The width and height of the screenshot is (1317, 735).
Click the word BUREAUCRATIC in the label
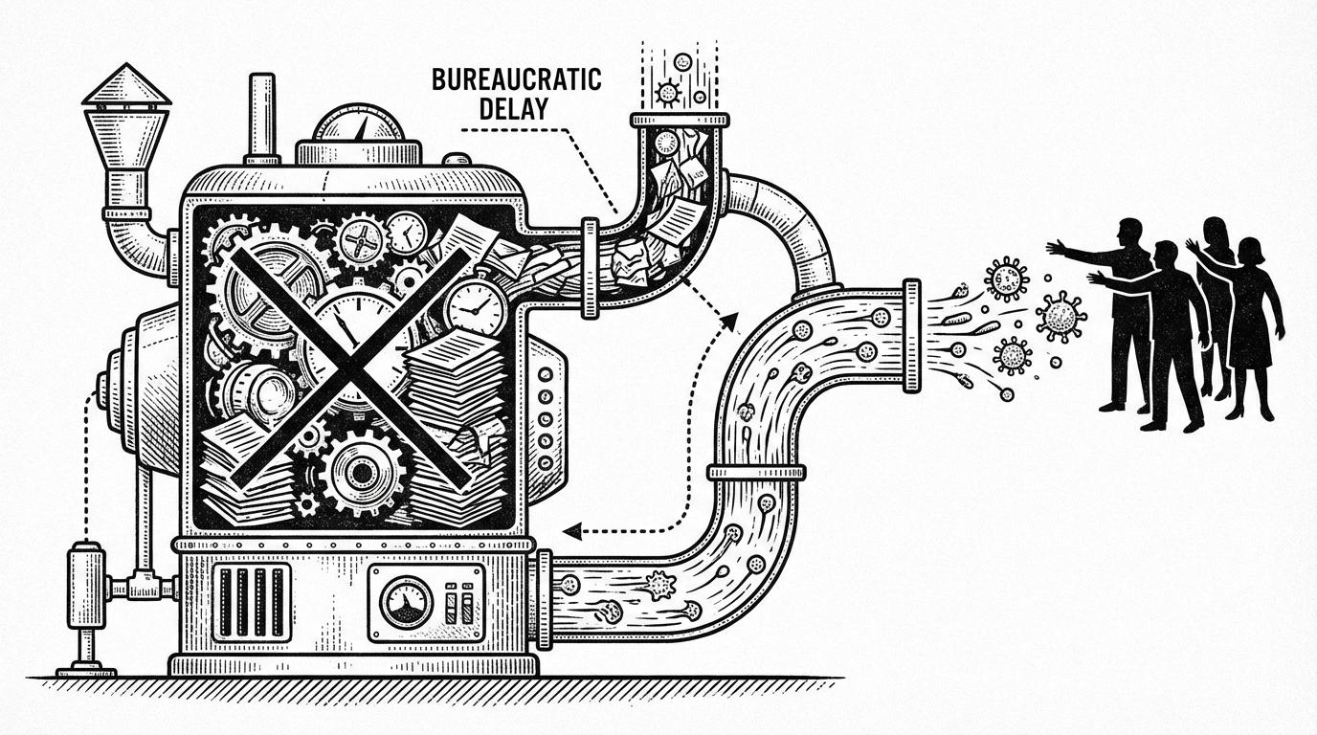pos(517,79)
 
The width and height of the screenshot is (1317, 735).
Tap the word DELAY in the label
pos(517,107)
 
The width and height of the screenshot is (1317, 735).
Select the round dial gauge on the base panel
pos(405,601)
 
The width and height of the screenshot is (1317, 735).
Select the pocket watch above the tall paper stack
pos(476,306)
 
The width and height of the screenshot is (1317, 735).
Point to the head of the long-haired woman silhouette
pos(1216,233)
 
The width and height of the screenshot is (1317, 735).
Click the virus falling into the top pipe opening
pos(667,93)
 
